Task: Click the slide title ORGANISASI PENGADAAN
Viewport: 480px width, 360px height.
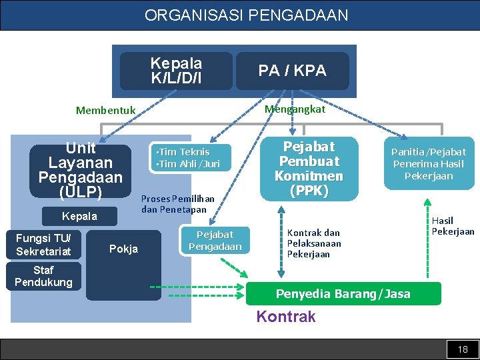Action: coord(246,15)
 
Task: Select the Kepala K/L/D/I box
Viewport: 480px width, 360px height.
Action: coord(176,71)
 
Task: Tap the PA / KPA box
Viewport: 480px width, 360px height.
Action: coord(292,71)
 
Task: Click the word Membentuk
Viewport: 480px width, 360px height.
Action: coord(105,111)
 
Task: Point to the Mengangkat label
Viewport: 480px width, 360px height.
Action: coord(295,109)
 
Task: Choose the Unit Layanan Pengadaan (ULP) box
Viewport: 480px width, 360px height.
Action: coord(81,171)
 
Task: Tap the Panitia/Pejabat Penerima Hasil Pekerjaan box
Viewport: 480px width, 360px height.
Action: coord(428,164)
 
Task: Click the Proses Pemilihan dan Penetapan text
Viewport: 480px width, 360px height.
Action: coord(177,204)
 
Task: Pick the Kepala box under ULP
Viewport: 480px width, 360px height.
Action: coord(79,216)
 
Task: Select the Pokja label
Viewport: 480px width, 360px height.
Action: coord(123,249)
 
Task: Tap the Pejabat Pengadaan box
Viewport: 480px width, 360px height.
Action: coord(215,241)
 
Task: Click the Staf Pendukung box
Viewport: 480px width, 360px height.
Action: coord(43,276)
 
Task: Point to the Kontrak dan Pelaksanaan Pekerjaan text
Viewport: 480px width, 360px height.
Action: coord(313,243)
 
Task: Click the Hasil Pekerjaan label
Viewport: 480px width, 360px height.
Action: coord(453,226)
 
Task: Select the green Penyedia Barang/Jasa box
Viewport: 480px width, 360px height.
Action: coord(343,294)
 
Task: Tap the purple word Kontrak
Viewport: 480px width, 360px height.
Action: coord(286,317)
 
